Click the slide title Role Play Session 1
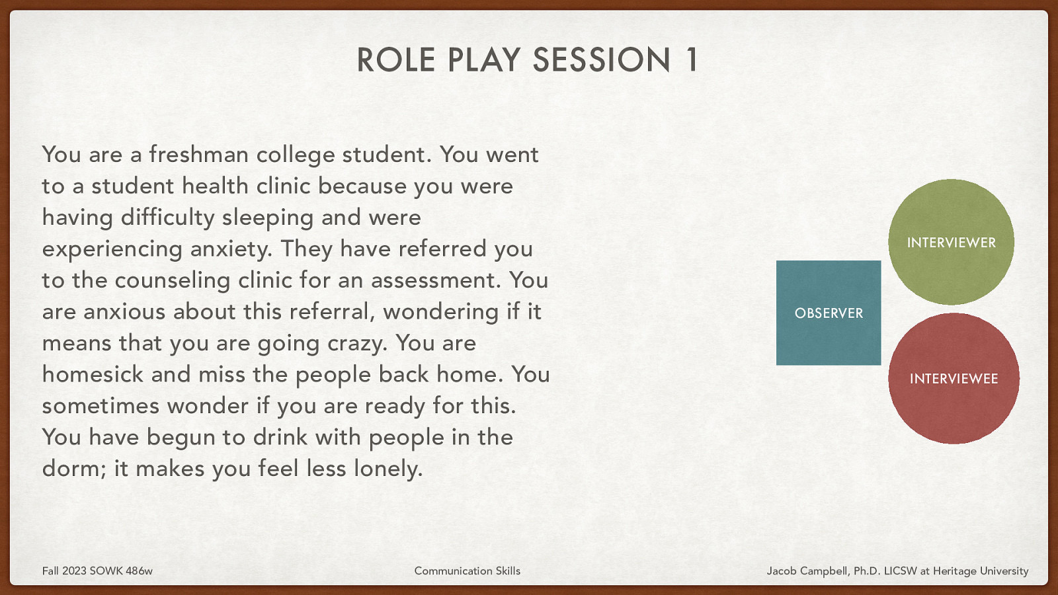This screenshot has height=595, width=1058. pos(527,60)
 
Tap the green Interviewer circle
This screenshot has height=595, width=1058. pos(951,242)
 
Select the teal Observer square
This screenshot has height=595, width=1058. pos(829,313)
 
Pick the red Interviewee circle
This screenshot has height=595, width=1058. pos(954,378)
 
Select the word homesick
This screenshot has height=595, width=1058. pos(93,374)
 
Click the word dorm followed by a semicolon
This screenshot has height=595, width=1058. pos(73,469)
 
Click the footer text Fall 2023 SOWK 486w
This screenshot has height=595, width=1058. pos(97,571)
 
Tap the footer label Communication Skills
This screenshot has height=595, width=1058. pos(467,571)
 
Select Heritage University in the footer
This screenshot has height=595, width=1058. pos(981,571)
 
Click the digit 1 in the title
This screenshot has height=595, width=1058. pos(691,60)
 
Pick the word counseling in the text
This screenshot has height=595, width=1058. pos(173,280)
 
